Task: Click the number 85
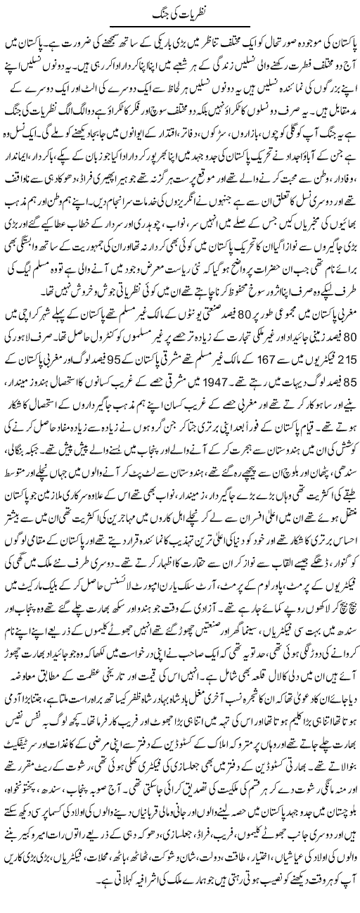[347, 378]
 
